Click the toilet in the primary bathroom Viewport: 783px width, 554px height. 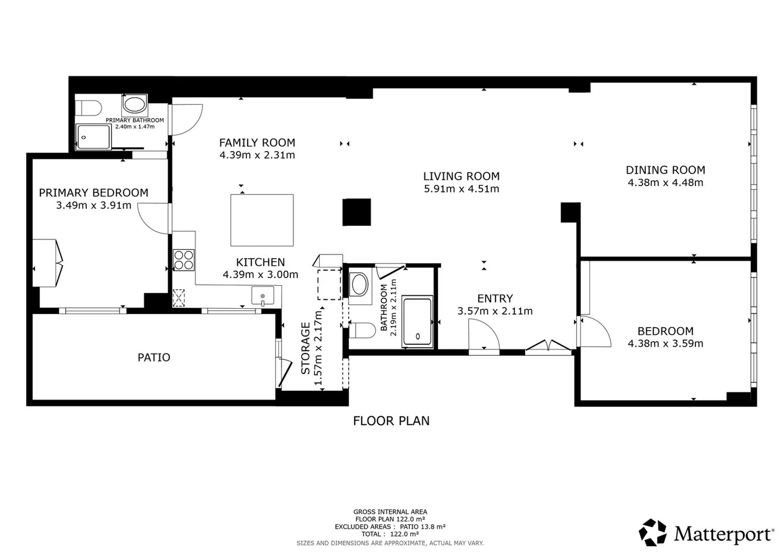[88, 108]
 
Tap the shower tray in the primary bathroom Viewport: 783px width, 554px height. [93, 137]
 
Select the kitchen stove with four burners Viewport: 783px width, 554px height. [184, 260]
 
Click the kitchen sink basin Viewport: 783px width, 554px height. [263, 296]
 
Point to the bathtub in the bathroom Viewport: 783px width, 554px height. [418, 321]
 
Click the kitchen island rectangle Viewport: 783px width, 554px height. [262, 220]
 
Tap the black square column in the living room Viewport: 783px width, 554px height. [357, 212]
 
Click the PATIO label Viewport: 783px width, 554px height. [154, 357]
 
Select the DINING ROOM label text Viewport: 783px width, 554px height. [665, 170]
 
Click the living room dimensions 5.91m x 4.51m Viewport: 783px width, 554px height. [461, 189]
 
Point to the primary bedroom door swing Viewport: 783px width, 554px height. [153, 218]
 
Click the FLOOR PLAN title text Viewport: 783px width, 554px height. [391, 421]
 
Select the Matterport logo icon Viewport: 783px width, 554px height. [653, 532]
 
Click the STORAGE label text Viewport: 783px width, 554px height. [305, 348]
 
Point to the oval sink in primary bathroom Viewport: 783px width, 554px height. [134, 105]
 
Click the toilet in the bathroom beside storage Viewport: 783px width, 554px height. [362, 330]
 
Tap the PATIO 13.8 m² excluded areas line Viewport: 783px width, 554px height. [390, 527]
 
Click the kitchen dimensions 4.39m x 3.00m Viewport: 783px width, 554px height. [260, 275]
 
